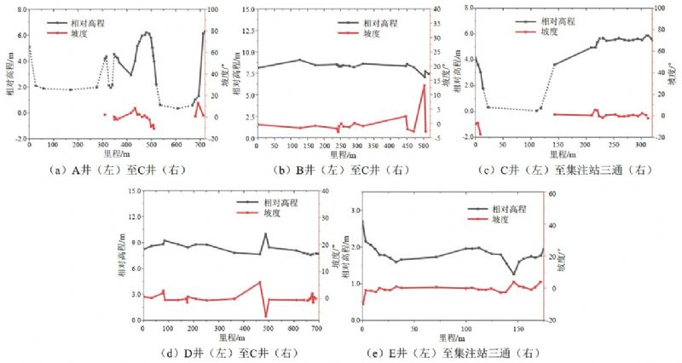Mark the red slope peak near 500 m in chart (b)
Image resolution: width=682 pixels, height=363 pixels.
424,85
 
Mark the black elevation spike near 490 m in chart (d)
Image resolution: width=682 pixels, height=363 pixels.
265,233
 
